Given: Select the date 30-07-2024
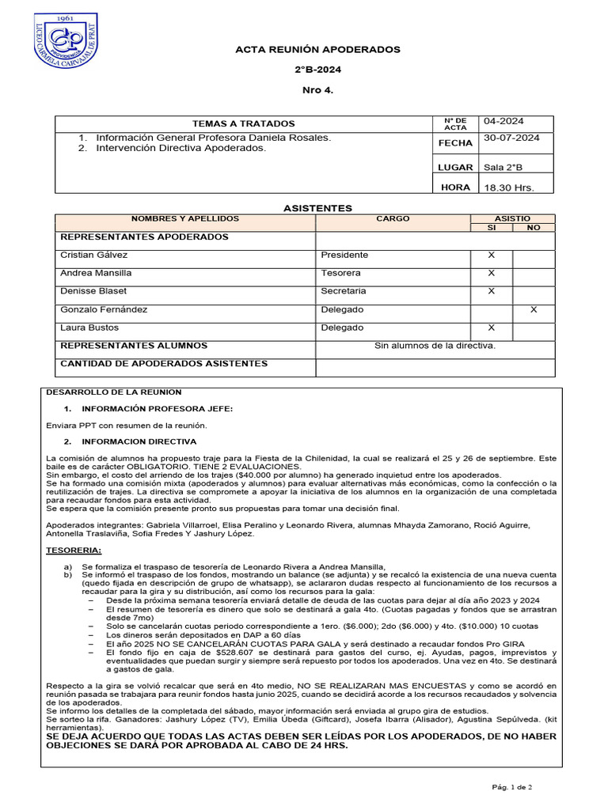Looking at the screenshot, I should coord(511,138).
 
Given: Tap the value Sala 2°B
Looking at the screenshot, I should coord(503,167).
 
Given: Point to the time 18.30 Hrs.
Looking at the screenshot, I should coord(509,187).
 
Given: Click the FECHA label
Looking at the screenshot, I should coord(455,143).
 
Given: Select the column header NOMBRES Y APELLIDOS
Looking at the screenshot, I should coord(184,218).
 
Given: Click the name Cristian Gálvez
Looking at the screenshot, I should coord(93,255).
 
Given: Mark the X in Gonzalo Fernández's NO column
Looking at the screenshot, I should coord(534,309).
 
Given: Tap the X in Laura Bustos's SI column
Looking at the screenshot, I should coord(491,327).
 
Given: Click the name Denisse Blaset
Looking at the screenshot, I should coord(93,291).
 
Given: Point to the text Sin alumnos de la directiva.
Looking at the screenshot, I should coord(435,346).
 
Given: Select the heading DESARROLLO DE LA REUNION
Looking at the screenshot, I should coord(114,392).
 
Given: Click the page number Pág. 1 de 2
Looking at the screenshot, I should coord(511,787).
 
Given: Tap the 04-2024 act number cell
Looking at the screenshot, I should coord(504,121).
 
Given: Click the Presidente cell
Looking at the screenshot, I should coord(344,255).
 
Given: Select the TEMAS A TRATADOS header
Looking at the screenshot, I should coord(244,123).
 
